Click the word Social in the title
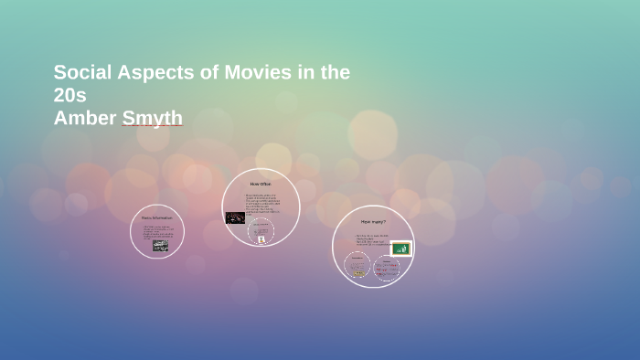[81, 73]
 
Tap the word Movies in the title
[247, 73]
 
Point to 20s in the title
[69, 95]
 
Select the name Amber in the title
[85, 118]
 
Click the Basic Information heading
[157, 217]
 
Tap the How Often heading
[261, 185]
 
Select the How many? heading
[373, 222]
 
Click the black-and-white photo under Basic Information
[160, 245]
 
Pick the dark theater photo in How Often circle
[234, 217]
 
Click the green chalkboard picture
[400, 249]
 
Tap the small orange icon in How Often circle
[261, 238]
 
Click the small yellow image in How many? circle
[358, 272]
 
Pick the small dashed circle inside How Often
[261, 231]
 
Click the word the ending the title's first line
[334, 73]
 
